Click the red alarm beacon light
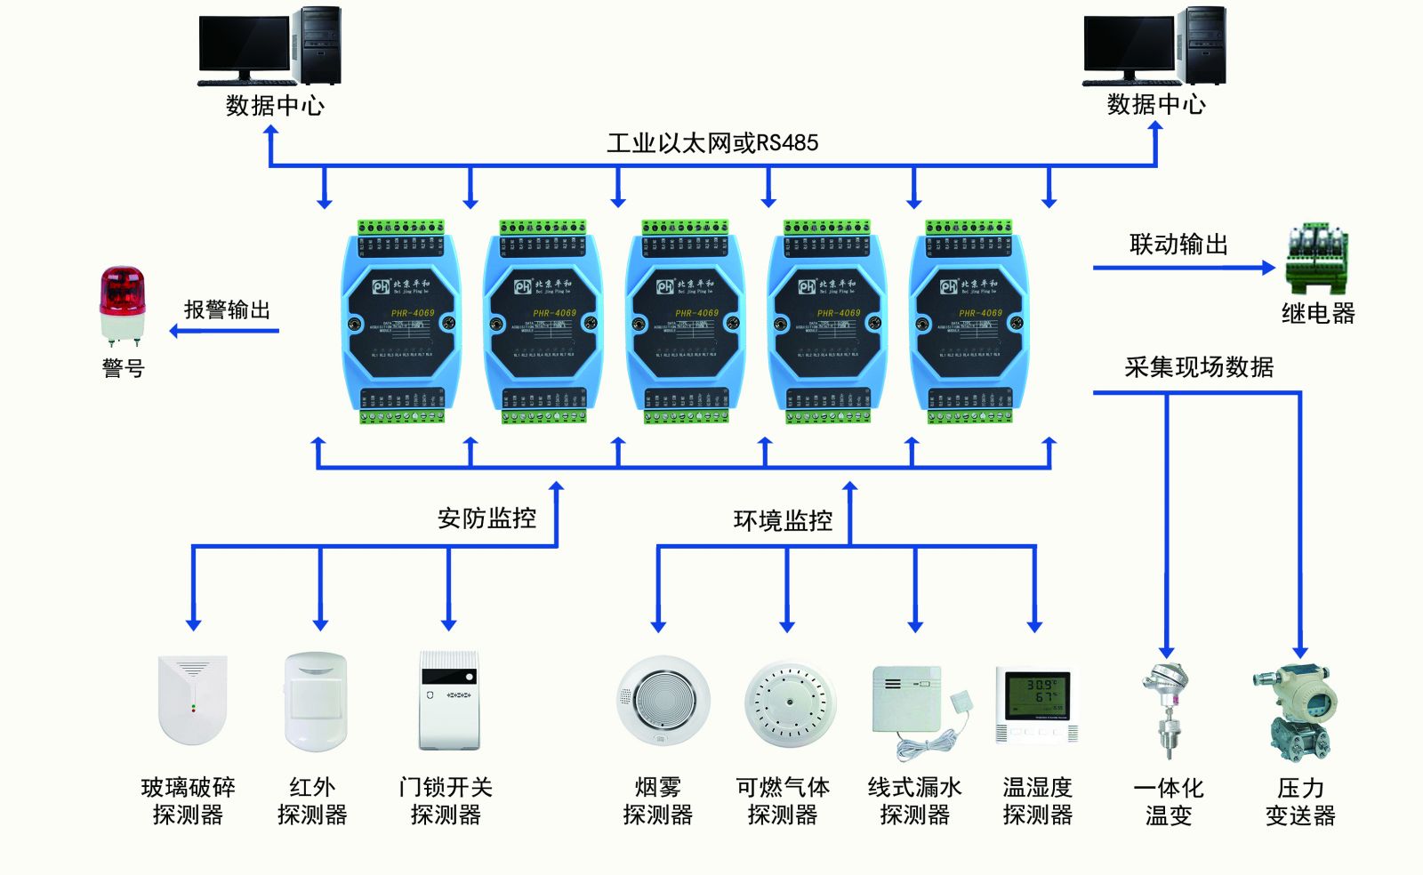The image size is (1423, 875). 122,303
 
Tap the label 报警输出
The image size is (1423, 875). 227,310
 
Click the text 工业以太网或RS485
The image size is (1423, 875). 712,143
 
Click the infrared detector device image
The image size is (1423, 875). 315,702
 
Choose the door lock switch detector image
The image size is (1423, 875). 449,701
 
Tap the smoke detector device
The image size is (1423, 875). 663,700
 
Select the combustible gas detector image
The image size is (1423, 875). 790,702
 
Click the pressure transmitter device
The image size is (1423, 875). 1298,712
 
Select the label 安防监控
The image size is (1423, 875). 486,518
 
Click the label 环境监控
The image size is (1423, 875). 783,520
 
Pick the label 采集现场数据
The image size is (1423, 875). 1198,367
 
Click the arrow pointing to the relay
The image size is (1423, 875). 1183,268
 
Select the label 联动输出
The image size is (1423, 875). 1178,245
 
